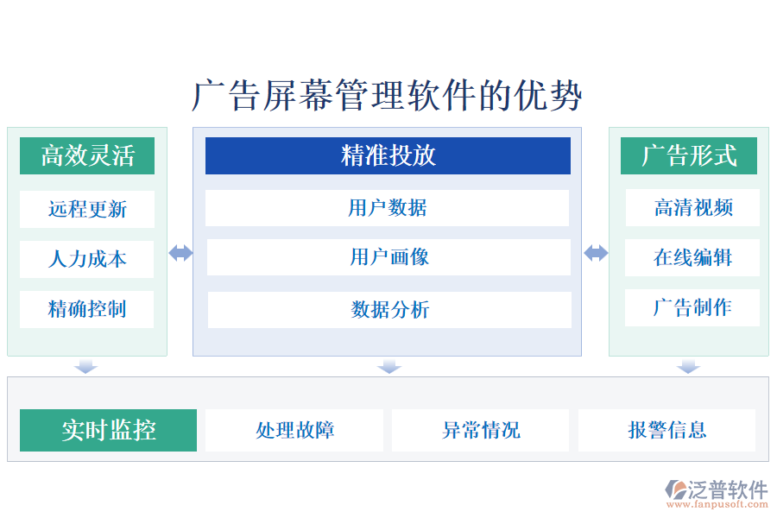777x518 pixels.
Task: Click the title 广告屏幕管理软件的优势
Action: pyautogui.click(x=387, y=95)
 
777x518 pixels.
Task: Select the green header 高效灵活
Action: pyautogui.click(x=87, y=156)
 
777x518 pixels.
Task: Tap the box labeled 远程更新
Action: pyautogui.click(x=87, y=209)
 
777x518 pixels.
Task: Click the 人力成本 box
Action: pyautogui.click(x=87, y=259)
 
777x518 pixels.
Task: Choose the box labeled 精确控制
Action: pyautogui.click(x=87, y=309)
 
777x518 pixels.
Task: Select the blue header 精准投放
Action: pyautogui.click(x=388, y=155)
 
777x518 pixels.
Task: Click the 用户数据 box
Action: pyautogui.click(x=388, y=207)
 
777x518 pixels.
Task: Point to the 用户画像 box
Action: pyautogui.click(x=388, y=257)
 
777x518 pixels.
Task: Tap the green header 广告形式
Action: pyautogui.click(x=689, y=156)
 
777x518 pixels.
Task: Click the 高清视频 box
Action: pyautogui.click(x=692, y=207)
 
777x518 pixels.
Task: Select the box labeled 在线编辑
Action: pyautogui.click(x=692, y=257)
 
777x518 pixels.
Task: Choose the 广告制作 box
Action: pyautogui.click(x=692, y=307)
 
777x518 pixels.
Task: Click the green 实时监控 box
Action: pyautogui.click(x=109, y=430)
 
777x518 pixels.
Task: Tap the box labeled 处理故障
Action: pyautogui.click(x=294, y=430)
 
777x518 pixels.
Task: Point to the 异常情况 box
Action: pyautogui.click(x=481, y=430)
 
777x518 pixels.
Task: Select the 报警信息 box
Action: pyautogui.click(x=666, y=430)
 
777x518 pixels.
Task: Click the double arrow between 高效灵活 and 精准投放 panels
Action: pyautogui.click(x=180, y=253)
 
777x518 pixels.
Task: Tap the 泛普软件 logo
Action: pyautogui.click(x=716, y=492)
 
